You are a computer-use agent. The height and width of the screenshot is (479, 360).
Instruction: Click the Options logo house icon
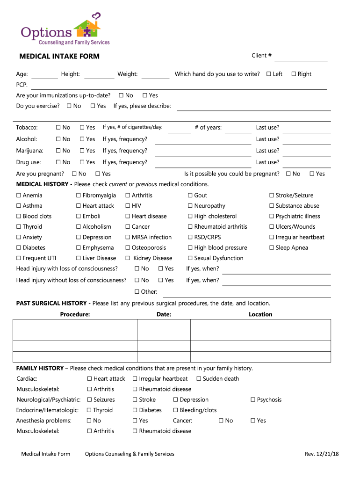(87, 27)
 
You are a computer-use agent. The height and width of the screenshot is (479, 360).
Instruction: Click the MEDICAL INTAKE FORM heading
(59, 57)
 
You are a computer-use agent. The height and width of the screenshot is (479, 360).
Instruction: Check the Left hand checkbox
(269, 74)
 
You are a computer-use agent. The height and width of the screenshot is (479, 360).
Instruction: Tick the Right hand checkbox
(294, 74)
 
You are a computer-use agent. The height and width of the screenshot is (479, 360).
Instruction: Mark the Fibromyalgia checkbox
(79, 196)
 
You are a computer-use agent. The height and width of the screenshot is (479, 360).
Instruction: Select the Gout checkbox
(190, 196)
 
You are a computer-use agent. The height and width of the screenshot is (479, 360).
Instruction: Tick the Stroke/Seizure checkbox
(272, 196)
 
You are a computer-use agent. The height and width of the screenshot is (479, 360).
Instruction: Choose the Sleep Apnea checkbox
(272, 248)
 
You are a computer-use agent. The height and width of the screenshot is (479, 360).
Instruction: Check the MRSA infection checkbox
(128, 237)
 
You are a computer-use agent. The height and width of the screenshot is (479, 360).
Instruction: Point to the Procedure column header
(75, 314)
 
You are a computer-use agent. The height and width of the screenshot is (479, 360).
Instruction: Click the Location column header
(260, 314)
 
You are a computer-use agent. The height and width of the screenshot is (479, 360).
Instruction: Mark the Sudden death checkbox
(199, 379)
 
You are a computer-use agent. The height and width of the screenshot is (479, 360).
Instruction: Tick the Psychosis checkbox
(253, 400)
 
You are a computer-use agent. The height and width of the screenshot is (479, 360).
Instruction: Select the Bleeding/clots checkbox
(176, 410)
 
